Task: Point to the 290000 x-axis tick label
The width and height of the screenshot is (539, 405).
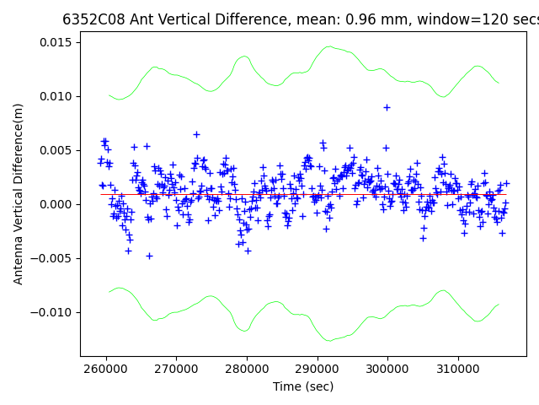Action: pos(318,370)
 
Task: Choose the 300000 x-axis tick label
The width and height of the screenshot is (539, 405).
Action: pos(387,370)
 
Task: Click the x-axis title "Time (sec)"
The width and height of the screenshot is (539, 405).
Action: pos(303,386)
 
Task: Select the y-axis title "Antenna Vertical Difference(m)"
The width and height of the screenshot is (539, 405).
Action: pos(19,193)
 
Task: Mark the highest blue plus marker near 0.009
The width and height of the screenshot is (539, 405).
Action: pos(387,107)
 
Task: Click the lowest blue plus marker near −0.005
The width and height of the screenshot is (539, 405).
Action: pos(149,256)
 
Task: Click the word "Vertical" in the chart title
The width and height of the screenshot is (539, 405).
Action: pos(186,19)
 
